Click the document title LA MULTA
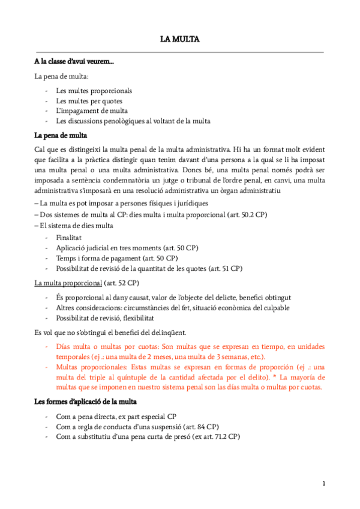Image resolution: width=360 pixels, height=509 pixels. [179, 40]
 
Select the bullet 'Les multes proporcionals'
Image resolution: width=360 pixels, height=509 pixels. [94, 91]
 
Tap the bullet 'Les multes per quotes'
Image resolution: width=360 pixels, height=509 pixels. [89, 101]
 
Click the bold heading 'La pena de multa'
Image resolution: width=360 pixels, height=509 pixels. [61, 135]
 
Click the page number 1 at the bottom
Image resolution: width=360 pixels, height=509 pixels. [323, 483]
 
